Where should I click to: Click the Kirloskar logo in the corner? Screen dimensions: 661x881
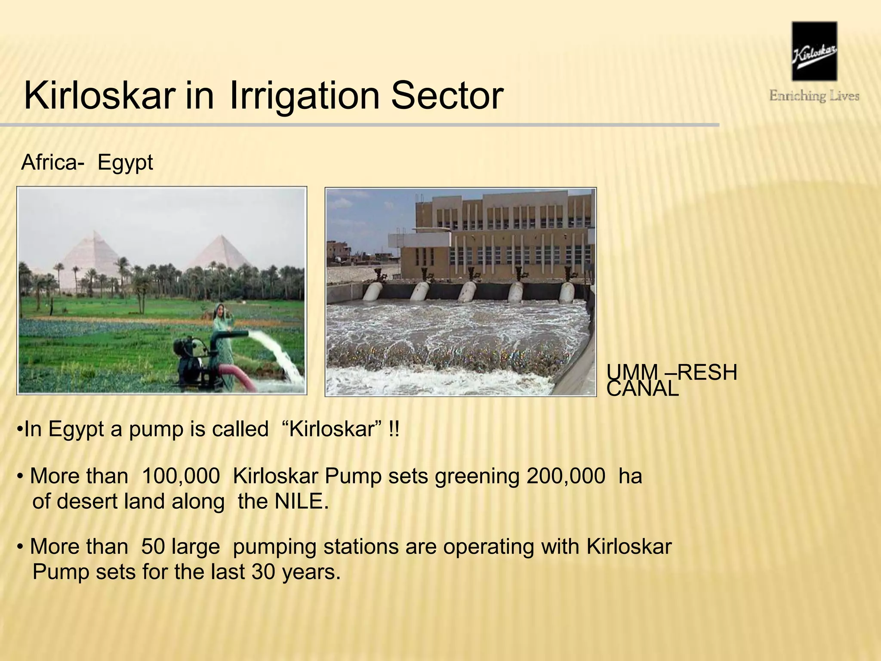coord(814,51)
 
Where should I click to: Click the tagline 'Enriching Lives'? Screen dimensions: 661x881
coord(814,96)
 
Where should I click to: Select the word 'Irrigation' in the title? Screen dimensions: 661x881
coord(304,96)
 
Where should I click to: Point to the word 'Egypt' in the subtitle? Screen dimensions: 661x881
coord(125,163)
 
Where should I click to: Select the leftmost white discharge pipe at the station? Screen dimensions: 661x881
coord(373,291)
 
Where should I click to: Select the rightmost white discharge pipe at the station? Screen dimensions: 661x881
coord(567,291)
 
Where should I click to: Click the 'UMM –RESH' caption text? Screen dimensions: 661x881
coord(672,372)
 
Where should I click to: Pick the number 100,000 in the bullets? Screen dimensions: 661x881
coord(181,476)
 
